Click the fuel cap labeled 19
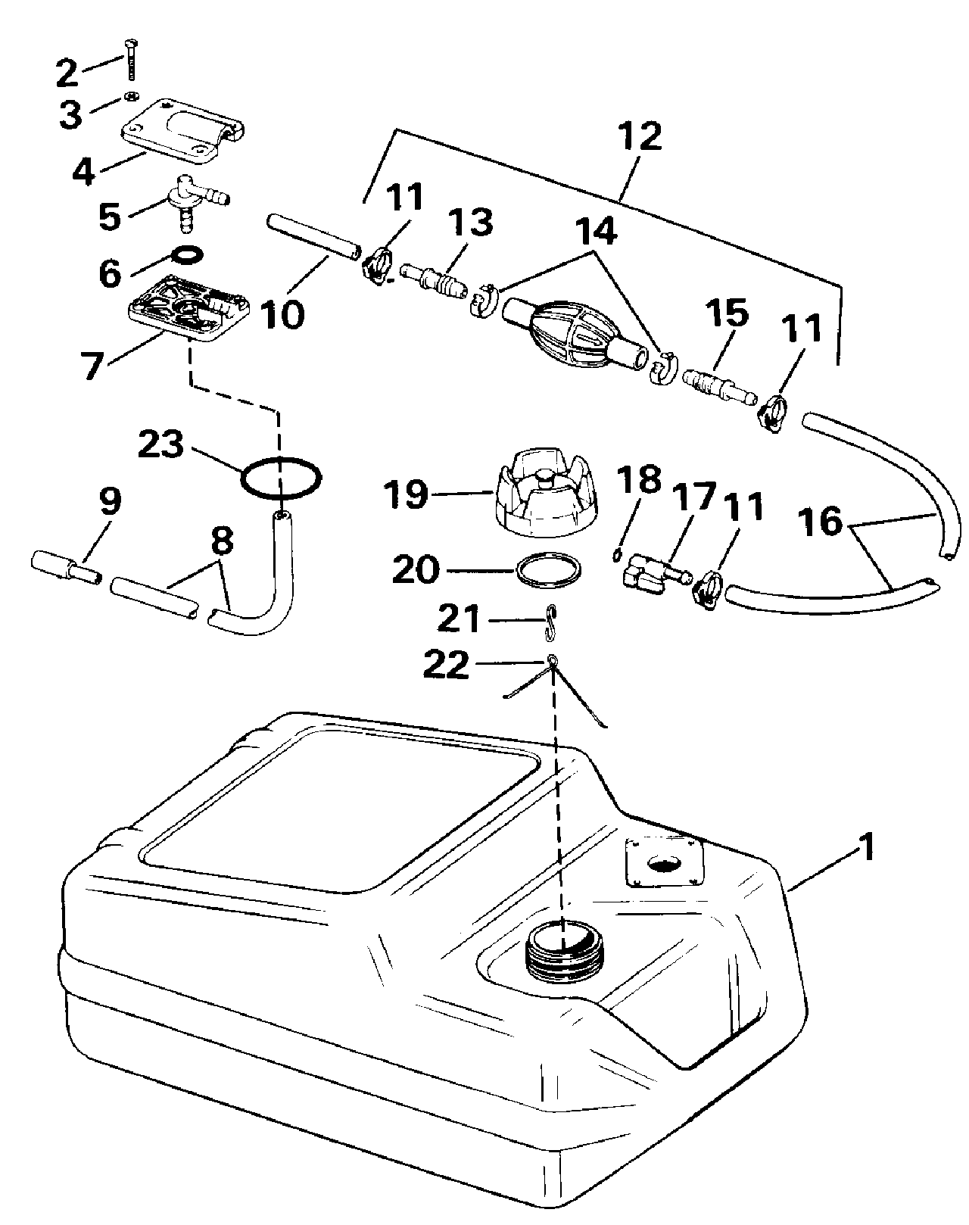point(546,492)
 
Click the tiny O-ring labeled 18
point(616,556)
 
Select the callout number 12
point(639,137)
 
